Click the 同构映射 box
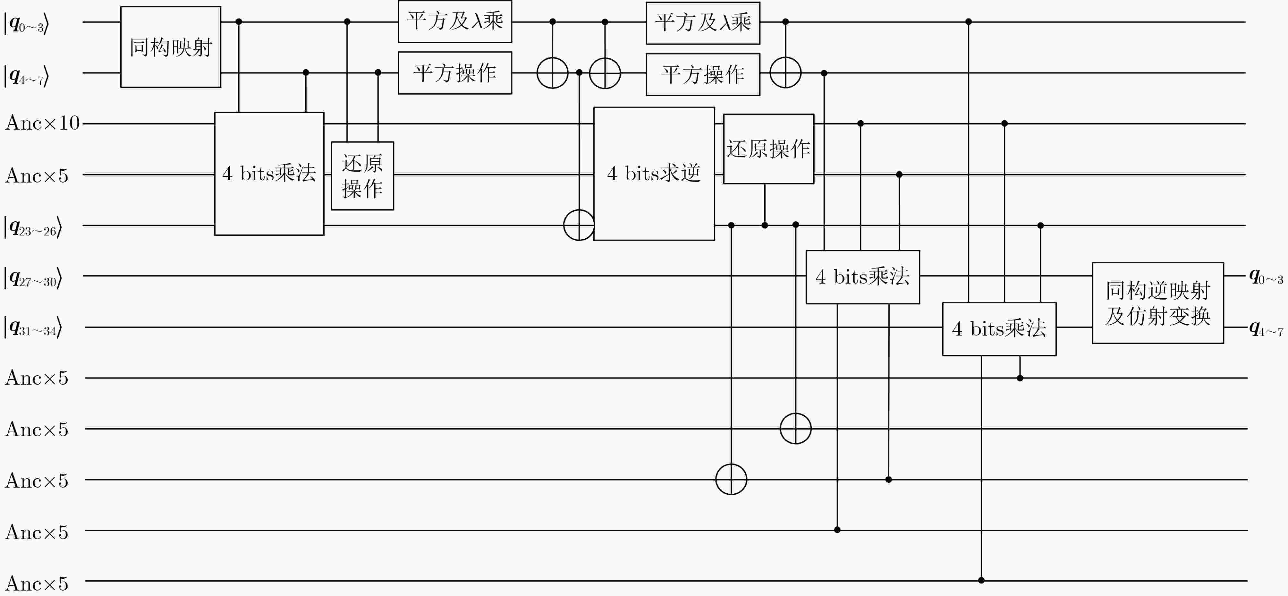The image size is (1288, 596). (x=171, y=47)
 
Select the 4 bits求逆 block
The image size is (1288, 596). (x=654, y=174)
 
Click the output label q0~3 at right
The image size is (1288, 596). (x=1266, y=276)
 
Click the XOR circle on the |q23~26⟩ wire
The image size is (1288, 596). (x=579, y=225)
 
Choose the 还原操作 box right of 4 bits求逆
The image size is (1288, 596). (x=768, y=149)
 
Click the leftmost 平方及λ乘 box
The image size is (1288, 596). (x=454, y=21)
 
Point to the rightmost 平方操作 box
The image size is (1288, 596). (x=702, y=74)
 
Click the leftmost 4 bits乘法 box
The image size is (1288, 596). (x=269, y=174)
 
